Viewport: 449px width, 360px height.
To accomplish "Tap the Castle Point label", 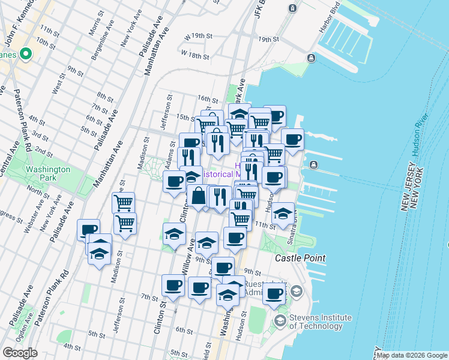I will (300, 258).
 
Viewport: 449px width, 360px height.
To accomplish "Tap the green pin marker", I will (25, 55).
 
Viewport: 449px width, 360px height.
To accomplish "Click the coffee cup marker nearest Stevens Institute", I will (274, 294).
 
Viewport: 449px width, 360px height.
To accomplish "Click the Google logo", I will (20, 353).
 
